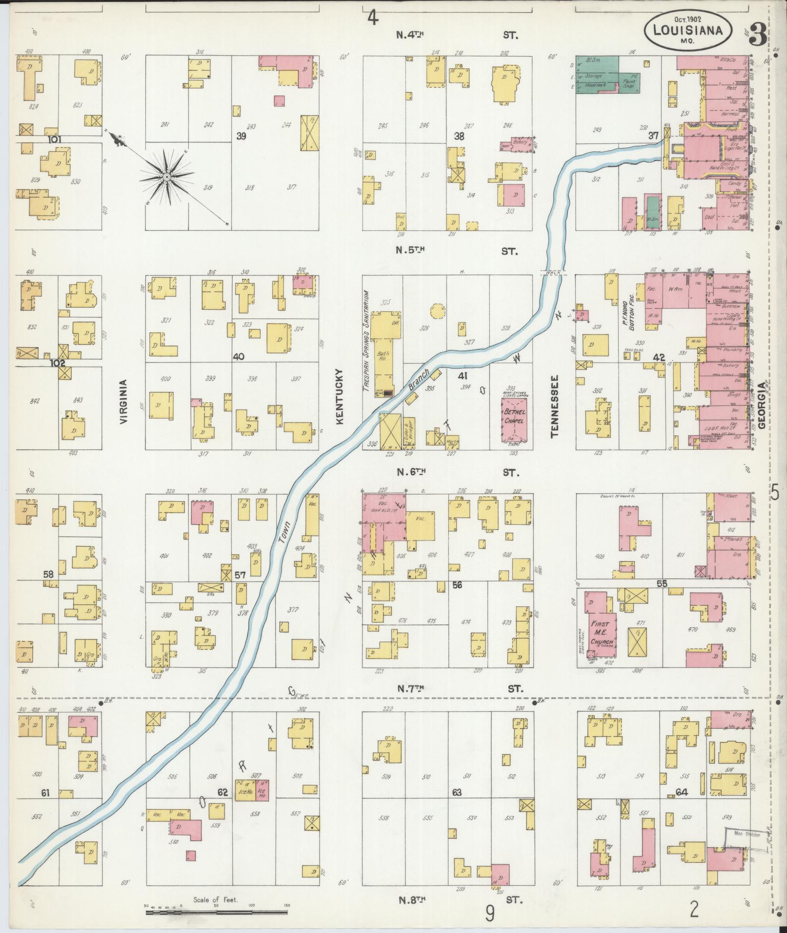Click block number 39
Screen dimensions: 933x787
241,136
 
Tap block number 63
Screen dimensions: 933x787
457,792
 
